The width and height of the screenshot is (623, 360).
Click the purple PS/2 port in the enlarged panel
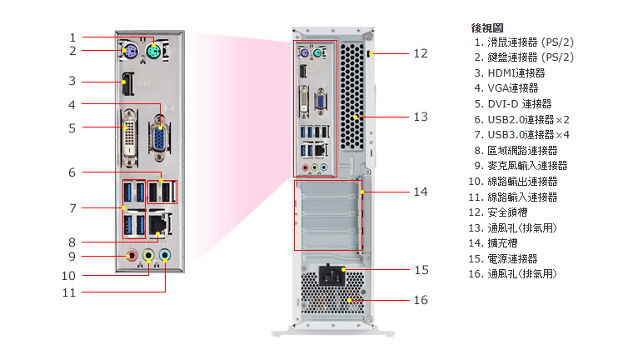[127, 56]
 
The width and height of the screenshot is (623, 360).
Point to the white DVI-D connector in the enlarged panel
[132, 132]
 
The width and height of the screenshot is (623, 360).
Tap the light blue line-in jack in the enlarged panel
[165, 255]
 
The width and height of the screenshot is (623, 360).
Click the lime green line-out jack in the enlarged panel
[149, 255]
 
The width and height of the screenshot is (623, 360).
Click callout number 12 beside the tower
[421, 52]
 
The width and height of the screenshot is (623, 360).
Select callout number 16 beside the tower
[421, 300]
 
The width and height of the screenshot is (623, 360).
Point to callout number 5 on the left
[72, 127]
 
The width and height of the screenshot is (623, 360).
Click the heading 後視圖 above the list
[487, 27]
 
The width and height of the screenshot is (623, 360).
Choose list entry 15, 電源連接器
[512, 259]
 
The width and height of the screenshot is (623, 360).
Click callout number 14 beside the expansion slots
[421, 192]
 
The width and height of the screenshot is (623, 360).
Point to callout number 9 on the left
[72, 257]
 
